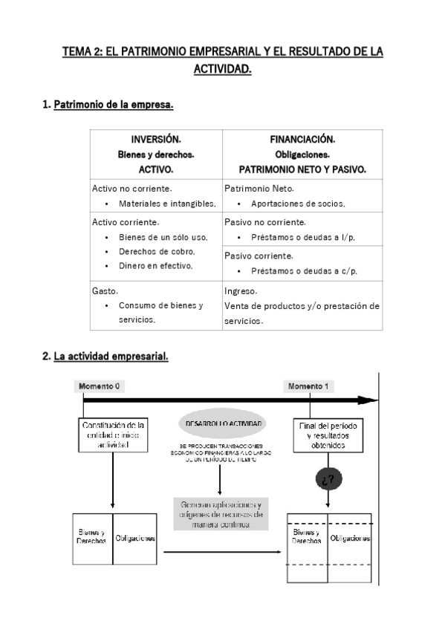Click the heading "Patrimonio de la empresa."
coord(114,105)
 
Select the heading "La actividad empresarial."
coord(111,357)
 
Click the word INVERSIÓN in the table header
coord(156,140)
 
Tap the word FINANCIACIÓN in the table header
coord(302,140)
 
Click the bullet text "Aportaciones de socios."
coord(298,203)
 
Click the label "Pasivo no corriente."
coord(264,222)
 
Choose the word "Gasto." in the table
coord(105,291)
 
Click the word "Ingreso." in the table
coord(241,291)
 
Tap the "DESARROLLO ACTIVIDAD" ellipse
coord(219,423)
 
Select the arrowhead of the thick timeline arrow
coord(368,400)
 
